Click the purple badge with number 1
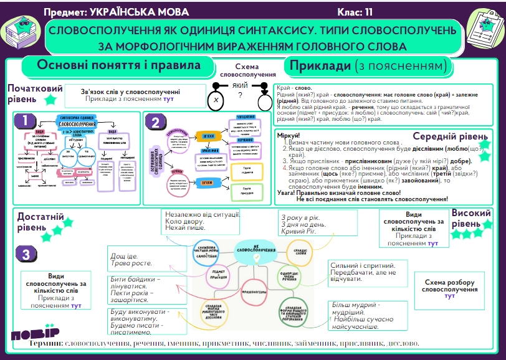(x=24, y=121)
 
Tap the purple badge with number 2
(x=155, y=123)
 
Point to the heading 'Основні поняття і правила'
(x=118, y=65)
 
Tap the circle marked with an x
(x=216, y=100)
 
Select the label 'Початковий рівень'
(x=26, y=93)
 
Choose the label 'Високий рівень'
(x=471, y=218)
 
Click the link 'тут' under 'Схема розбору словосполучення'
(x=450, y=296)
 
